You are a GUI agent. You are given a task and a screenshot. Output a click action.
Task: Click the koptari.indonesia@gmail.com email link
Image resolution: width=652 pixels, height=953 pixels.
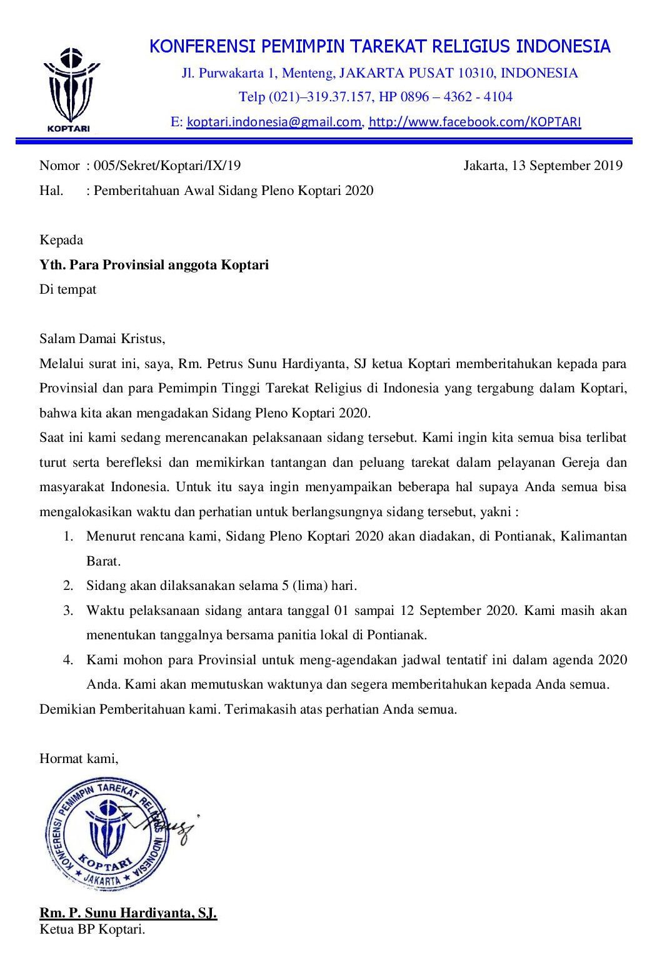274,122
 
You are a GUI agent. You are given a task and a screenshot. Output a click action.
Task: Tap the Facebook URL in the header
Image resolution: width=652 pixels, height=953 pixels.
474,122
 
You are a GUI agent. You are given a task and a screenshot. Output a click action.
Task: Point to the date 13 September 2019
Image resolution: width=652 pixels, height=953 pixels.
566,166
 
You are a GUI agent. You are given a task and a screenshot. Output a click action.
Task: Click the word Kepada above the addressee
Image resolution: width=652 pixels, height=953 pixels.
61,240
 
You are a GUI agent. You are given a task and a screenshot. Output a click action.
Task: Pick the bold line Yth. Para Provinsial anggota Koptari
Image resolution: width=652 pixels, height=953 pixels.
154,265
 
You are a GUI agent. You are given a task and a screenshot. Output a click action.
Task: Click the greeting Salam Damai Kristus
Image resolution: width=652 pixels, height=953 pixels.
102,339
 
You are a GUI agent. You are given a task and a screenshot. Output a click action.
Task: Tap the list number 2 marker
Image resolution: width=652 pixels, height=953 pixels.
68,586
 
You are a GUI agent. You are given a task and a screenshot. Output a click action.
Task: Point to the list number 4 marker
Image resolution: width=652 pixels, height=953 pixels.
68,659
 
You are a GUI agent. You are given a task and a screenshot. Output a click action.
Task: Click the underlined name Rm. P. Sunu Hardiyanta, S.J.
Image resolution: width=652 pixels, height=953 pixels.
128,913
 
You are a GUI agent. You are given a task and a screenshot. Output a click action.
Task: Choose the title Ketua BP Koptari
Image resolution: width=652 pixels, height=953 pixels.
92,929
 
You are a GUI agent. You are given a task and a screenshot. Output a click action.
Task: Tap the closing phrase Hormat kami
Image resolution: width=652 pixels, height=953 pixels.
79,759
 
